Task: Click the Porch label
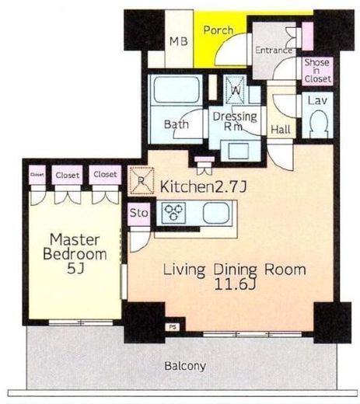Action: pos(218,30)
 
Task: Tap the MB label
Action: pos(179,41)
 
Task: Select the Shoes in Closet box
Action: pos(317,71)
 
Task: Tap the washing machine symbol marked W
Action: pos(235,89)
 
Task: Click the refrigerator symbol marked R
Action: pos(142,180)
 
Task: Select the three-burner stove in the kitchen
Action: pos(173,213)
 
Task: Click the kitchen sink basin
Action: pos(216,213)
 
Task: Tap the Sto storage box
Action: pos(139,214)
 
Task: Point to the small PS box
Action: pos(173,327)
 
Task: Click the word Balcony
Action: pos(185,366)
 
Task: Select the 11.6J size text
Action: pos(235,284)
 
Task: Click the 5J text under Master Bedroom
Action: pos(75,269)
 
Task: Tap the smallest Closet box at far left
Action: pos(37,175)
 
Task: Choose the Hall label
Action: pos(280,130)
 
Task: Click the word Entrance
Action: pos(273,50)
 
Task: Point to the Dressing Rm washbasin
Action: pos(238,151)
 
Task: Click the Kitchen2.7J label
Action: pos(204,186)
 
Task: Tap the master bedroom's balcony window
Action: pos(81,322)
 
